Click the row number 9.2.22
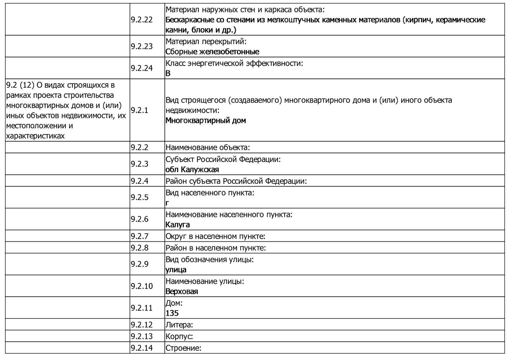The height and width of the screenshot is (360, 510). point(141,20)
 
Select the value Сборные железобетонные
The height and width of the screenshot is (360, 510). point(212,52)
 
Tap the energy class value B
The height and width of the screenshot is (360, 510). point(168,73)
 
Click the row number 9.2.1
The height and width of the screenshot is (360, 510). point(139,110)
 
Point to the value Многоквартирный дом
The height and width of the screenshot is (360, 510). point(205,120)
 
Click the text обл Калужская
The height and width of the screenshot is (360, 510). point(192,169)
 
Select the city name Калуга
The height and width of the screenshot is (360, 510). point(177,225)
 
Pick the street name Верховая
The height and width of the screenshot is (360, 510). point(181,291)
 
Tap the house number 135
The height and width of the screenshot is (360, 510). point(172,313)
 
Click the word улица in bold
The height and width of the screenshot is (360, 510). point(176,270)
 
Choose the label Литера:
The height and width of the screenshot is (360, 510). point(179,325)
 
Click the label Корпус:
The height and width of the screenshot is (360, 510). point(179,336)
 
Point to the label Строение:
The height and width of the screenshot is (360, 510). point(183,348)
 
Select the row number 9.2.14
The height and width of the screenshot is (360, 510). point(141,348)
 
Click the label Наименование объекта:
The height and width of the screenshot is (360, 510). point(207,147)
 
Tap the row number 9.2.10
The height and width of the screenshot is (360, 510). point(141,286)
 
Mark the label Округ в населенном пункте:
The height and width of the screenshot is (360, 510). point(215,236)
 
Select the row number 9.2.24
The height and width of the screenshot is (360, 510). point(141,68)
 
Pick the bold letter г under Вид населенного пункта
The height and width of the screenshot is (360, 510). point(167,203)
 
